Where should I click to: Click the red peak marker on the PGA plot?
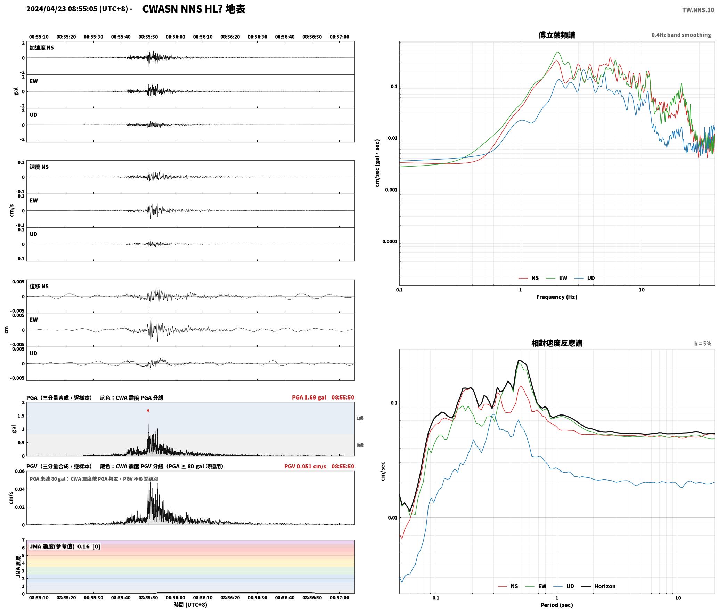click(x=148, y=411)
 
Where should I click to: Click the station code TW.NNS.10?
click(x=698, y=10)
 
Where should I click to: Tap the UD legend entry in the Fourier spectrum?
click(x=585, y=278)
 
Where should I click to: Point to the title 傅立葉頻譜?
click(x=557, y=35)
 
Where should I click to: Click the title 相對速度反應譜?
click(x=557, y=343)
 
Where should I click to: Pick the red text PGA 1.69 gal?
click(x=309, y=397)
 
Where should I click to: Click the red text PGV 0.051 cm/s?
click(x=305, y=466)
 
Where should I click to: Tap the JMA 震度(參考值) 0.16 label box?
click(x=65, y=546)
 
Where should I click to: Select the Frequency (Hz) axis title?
click(x=557, y=297)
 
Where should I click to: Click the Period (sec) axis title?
click(x=557, y=605)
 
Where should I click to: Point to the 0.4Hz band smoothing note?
click(x=681, y=35)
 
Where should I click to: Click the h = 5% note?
click(x=703, y=344)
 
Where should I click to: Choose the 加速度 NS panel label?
click(x=42, y=48)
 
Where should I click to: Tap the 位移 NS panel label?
click(x=39, y=286)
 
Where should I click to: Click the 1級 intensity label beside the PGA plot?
click(x=360, y=418)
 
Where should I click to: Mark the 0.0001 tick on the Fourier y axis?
click(x=390, y=241)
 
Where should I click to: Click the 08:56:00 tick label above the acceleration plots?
click(x=176, y=37)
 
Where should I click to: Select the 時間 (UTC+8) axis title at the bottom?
click(x=190, y=605)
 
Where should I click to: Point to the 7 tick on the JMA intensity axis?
click(x=23, y=540)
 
